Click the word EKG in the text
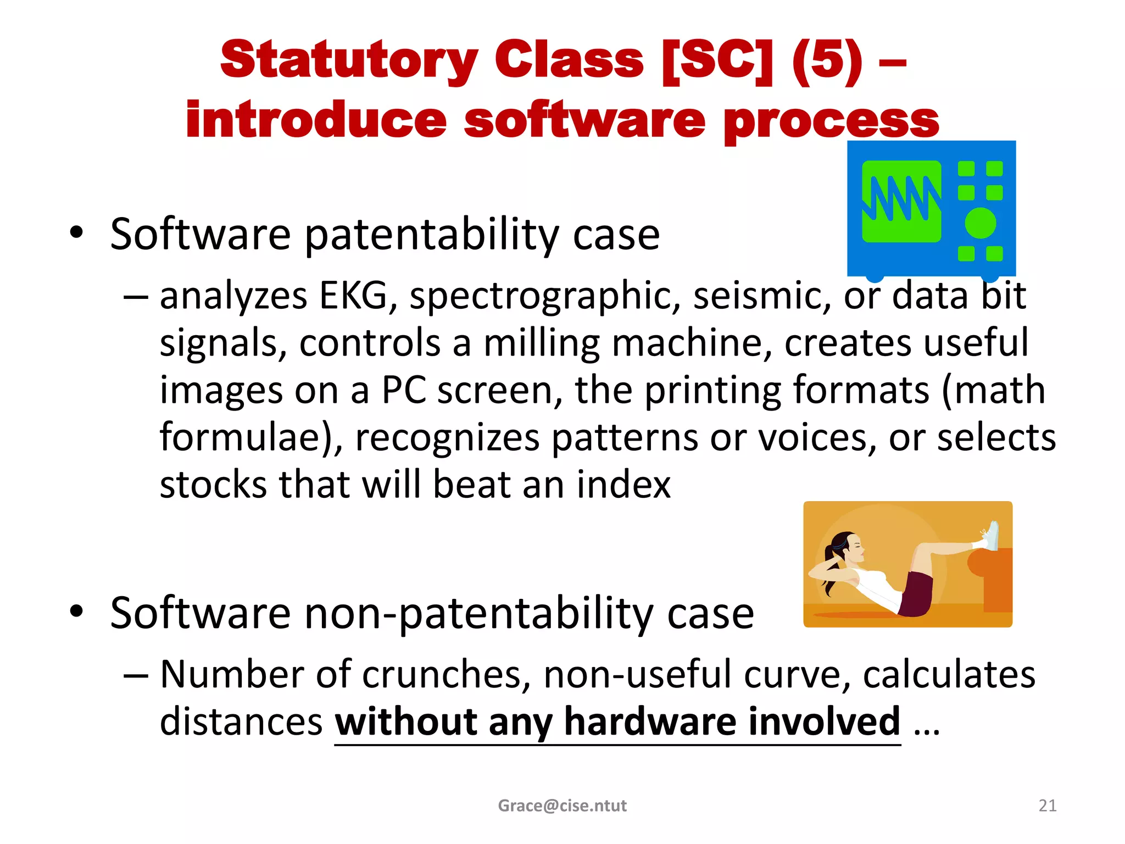coord(353,296)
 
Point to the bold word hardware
coord(649,721)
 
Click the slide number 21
coord(1047,806)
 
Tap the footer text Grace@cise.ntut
coord(562,806)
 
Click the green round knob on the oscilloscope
coord(980,223)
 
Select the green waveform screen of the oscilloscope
coord(901,202)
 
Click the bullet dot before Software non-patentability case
coord(76,611)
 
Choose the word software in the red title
coord(584,121)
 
